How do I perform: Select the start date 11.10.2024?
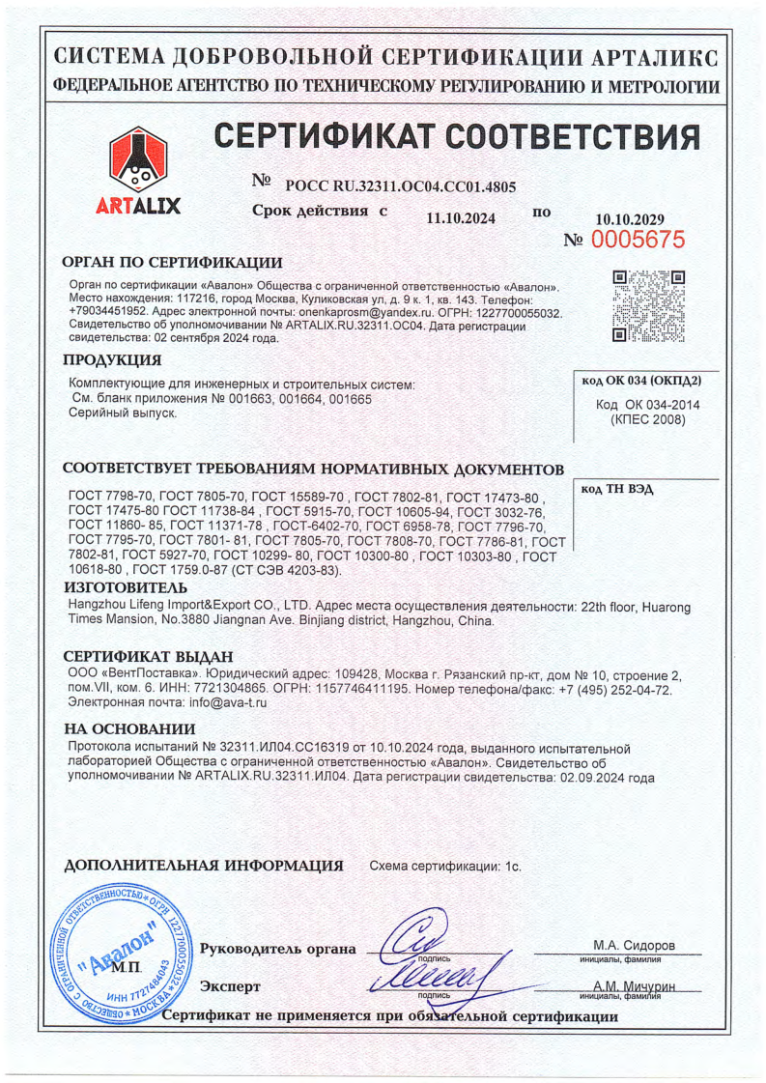[461, 218]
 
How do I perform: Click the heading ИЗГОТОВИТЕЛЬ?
[125, 587]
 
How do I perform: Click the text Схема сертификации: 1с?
[446, 867]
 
